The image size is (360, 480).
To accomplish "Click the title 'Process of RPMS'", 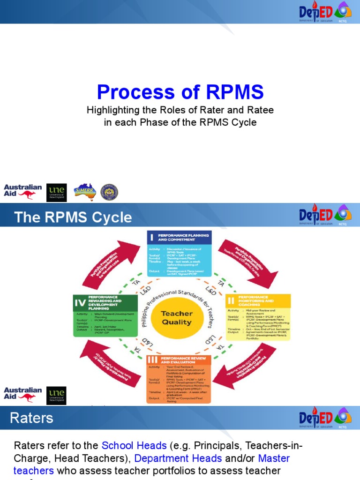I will click(x=180, y=92).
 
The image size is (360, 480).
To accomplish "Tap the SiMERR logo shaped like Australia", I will click(x=84, y=191).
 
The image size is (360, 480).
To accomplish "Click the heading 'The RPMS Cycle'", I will click(x=73, y=217).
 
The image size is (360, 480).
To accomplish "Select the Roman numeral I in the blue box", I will click(x=152, y=238).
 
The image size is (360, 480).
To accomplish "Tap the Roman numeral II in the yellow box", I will click(x=232, y=300).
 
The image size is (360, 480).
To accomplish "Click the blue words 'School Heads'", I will click(x=134, y=445).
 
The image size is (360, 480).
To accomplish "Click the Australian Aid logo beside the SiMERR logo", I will click(x=22, y=191).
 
